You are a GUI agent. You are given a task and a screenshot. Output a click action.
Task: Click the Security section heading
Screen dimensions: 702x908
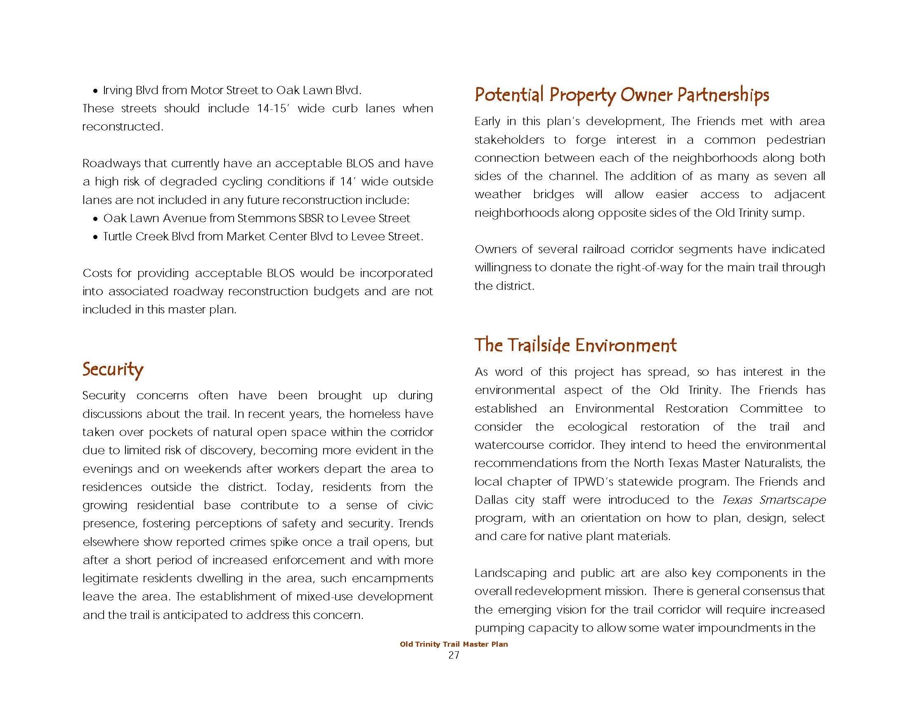(113, 369)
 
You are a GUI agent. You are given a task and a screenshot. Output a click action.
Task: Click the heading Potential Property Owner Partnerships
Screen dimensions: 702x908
(621, 95)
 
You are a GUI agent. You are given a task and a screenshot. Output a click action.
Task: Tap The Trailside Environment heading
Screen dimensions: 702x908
(575, 345)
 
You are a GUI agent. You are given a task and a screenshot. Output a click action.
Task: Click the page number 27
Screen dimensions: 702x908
(454, 655)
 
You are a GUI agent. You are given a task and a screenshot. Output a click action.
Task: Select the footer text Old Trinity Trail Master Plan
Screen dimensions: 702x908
(454, 644)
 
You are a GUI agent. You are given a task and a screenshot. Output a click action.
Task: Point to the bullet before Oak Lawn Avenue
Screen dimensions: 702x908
(95, 219)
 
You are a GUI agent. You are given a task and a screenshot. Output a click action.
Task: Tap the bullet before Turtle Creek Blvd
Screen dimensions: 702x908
(95, 237)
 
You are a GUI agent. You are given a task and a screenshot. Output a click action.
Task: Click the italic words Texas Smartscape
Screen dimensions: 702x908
(774, 500)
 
